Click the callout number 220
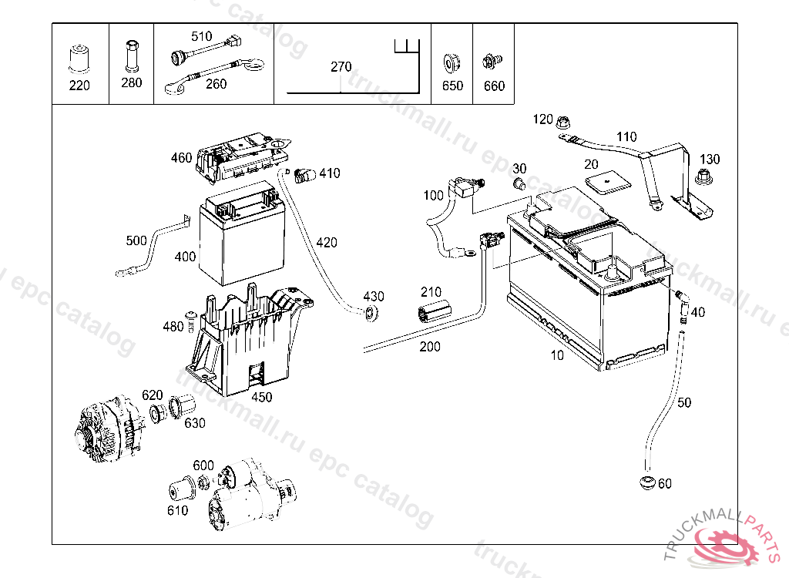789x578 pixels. pos(79,86)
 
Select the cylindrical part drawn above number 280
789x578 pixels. pos(132,55)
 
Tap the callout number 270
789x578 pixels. pos(341,66)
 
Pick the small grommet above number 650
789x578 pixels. pos(452,63)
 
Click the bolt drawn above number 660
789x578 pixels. pos(492,62)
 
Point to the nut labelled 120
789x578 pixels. pos(562,122)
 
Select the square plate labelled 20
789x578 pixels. pos(608,182)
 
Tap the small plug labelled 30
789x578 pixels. pos(519,183)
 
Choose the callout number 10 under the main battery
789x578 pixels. pos(557,355)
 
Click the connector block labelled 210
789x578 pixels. pos(435,310)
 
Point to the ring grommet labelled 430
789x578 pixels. pos(371,313)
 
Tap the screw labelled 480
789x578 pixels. pos(190,321)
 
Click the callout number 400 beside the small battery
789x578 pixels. pos(185,257)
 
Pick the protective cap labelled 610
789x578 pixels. pos(182,489)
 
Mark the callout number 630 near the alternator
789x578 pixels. pos(195,423)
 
